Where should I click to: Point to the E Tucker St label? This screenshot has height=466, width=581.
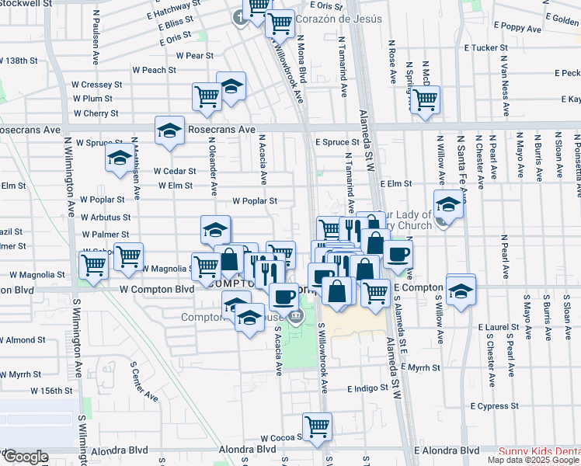pyautogui.click(x=485, y=47)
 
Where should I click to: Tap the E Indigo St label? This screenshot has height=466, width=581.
pyautogui.click(x=367, y=388)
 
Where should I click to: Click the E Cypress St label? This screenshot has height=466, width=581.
pyautogui.click(x=494, y=406)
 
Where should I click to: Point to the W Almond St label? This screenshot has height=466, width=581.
pyautogui.click(x=23, y=340)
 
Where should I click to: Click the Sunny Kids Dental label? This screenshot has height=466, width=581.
pyautogui.click(x=538, y=451)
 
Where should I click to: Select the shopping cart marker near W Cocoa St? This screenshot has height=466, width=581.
pyautogui.click(x=317, y=426)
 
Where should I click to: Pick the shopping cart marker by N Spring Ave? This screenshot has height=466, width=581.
pyautogui.click(x=425, y=99)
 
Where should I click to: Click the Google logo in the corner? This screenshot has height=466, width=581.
pyautogui.click(x=25, y=457)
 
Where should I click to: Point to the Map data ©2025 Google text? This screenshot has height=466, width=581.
pyautogui.click(x=533, y=460)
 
